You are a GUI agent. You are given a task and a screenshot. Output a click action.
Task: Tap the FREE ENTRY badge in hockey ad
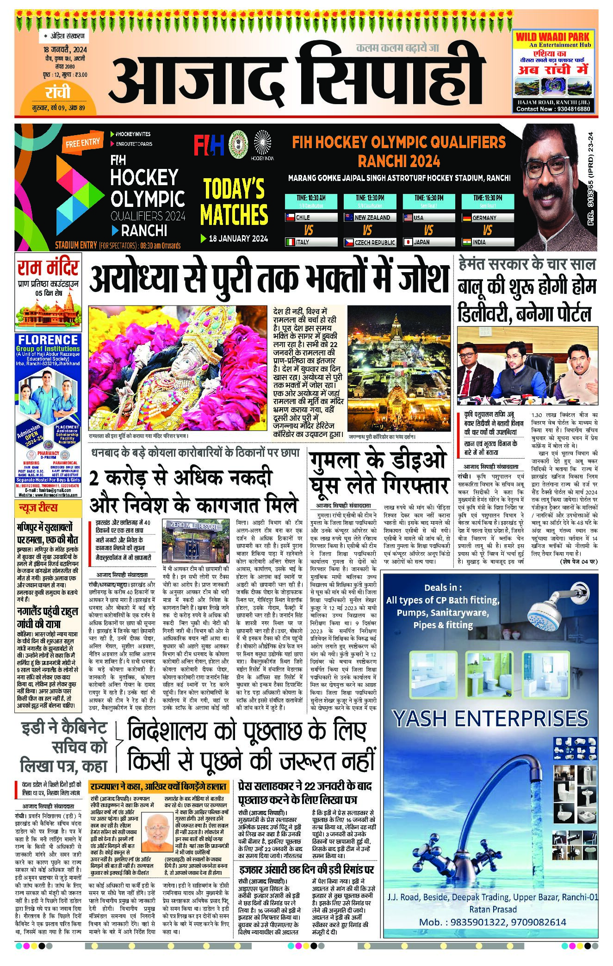pyautogui.click(x=82, y=143)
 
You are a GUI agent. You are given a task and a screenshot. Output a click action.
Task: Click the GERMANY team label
pyautogui.click(x=484, y=218)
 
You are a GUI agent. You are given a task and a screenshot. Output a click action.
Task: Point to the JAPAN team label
pyautogui.click(x=421, y=242)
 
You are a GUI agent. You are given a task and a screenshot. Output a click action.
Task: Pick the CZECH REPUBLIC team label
pyautogui.click(x=374, y=242)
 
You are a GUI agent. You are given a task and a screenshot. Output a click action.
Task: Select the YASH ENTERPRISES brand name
pyautogui.click(x=490, y=719)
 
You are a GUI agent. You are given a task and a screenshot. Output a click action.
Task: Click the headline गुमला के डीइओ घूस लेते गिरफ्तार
pyautogui.click(x=379, y=473)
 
